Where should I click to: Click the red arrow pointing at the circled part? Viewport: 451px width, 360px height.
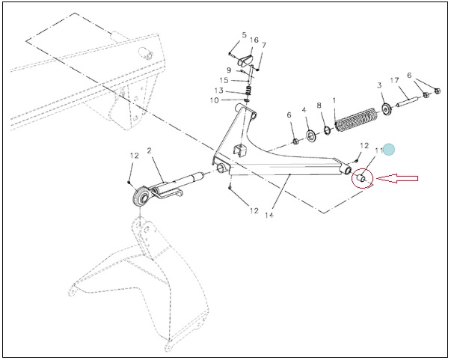click(x=397, y=178)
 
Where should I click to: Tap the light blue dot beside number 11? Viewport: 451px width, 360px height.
click(x=389, y=150)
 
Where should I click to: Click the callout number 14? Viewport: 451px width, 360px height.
click(x=269, y=215)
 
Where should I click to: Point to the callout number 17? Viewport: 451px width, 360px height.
click(x=394, y=80)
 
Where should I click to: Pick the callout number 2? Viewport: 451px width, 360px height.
click(x=149, y=150)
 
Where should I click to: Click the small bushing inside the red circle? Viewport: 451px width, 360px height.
click(x=361, y=178)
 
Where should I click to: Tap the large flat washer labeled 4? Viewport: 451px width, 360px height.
click(x=311, y=135)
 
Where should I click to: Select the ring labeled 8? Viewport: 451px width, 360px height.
click(x=328, y=130)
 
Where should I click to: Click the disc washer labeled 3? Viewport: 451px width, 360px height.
click(x=386, y=109)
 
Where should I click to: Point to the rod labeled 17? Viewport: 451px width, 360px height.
click(x=408, y=102)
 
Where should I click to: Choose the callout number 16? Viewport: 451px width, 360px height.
click(x=254, y=40)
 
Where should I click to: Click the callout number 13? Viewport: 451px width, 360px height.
click(x=218, y=91)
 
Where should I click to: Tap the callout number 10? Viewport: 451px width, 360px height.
click(x=215, y=100)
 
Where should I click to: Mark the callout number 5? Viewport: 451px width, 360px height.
click(x=244, y=35)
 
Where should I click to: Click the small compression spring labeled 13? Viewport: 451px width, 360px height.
click(x=250, y=91)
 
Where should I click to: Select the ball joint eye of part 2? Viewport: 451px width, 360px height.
click(x=141, y=196)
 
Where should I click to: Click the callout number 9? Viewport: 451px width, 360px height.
click(x=229, y=70)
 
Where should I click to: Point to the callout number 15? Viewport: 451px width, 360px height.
click(x=224, y=81)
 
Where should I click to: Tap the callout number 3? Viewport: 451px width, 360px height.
click(x=379, y=85)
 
